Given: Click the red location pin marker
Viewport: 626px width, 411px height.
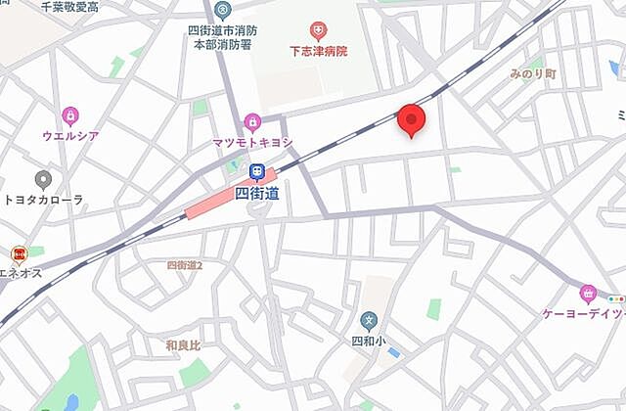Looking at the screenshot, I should click(x=412, y=119).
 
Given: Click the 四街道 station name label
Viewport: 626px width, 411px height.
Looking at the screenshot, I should click(x=257, y=193).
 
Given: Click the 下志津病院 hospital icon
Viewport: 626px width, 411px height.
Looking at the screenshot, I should click(x=318, y=32).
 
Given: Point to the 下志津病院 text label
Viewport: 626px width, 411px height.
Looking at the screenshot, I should click(x=318, y=51).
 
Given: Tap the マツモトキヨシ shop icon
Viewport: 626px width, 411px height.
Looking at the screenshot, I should click(x=252, y=122).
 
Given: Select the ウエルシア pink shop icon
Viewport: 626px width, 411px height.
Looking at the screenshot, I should click(x=69, y=116).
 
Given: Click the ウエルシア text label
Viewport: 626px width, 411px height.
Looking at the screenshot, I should click(x=70, y=135).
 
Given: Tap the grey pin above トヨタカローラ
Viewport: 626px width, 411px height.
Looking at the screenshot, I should click(x=43, y=180).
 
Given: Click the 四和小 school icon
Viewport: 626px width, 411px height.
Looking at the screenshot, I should click(x=369, y=320).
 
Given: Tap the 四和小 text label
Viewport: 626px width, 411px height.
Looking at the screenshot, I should click(x=369, y=341).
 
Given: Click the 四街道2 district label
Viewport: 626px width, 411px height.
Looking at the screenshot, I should click(x=184, y=265).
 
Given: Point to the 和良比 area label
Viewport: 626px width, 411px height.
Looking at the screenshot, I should click(x=182, y=344).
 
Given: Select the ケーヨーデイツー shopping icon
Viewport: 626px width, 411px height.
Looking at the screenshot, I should click(x=588, y=292).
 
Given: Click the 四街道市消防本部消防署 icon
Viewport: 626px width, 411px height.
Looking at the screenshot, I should click(x=223, y=11).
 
